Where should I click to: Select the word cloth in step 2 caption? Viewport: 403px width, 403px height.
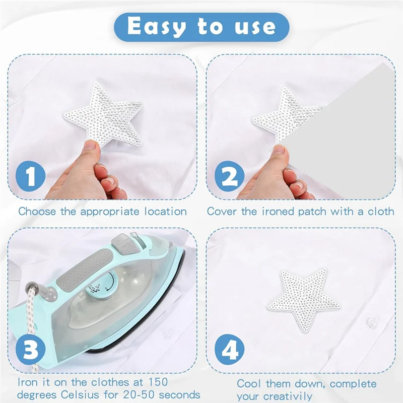pyautogui.click(x=381, y=211)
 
